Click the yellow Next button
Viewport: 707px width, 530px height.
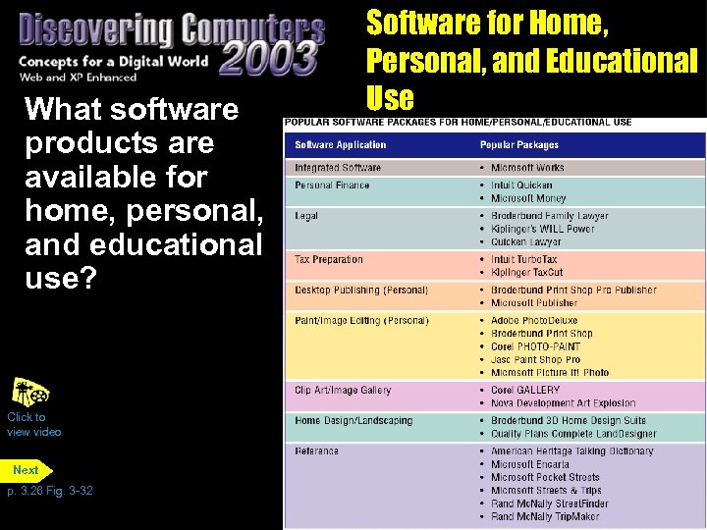(x=27, y=470)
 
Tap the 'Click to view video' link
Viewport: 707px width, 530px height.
(x=33, y=424)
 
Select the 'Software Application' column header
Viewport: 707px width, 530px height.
(x=341, y=145)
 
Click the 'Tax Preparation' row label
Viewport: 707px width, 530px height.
(x=329, y=260)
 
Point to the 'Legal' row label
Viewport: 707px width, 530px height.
(x=306, y=216)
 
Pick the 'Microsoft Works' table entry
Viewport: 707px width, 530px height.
(x=527, y=168)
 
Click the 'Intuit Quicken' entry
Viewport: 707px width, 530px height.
(x=521, y=185)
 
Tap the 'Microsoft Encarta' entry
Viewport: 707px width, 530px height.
(x=529, y=464)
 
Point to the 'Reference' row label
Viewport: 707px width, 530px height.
(x=316, y=451)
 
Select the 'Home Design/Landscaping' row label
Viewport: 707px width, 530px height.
(x=353, y=421)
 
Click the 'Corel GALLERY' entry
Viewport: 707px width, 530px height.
(x=525, y=391)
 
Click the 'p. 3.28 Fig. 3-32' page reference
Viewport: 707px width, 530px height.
(x=50, y=491)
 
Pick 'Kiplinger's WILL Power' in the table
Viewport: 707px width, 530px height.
(x=543, y=229)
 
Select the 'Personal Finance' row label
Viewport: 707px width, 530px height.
(x=332, y=185)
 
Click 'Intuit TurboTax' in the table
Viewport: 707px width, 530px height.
(x=524, y=260)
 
